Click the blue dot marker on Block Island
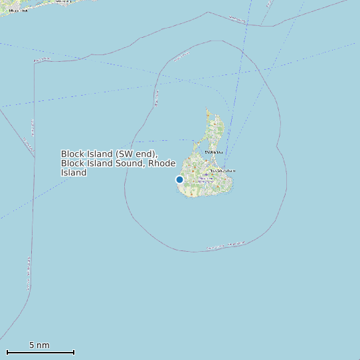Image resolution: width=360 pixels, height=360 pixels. (179, 179)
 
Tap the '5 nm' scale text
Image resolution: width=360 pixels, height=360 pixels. (39, 345)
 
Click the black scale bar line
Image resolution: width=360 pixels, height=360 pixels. (40, 352)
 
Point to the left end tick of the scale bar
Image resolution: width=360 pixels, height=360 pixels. (7, 352)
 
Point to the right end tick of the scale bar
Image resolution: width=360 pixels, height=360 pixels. (74, 352)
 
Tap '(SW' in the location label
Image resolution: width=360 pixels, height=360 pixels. (126, 153)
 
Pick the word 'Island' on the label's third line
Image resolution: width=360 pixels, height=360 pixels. (74, 172)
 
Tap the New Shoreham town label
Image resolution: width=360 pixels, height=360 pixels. (223, 171)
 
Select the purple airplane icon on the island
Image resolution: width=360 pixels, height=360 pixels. (207, 175)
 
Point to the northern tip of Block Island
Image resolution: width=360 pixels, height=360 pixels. (207, 110)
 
